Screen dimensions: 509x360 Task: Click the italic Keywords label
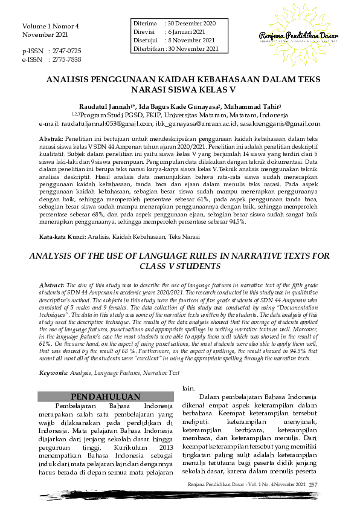point(54,357)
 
